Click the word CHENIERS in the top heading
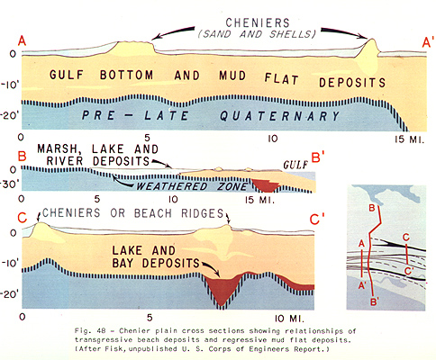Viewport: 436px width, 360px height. [x=258, y=22]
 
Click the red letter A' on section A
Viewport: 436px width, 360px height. [x=427, y=42]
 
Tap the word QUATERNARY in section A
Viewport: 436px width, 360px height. [x=279, y=116]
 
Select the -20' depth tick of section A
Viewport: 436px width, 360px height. [x=11, y=116]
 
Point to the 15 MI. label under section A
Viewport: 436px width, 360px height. [x=410, y=139]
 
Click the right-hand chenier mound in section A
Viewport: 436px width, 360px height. [x=369, y=57]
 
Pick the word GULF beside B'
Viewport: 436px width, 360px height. [x=296, y=165]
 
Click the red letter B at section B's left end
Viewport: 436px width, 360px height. [x=23, y=157]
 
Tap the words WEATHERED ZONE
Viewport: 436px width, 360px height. [x=192, y=186]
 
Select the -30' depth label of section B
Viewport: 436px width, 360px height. [x=10, y=184]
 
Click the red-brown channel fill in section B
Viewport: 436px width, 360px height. [x=266, y=185]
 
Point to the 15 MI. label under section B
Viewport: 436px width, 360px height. [x=259, y=200]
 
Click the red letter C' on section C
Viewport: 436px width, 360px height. [x=318, y=220]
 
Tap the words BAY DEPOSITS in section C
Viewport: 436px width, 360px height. [x=156, y=263]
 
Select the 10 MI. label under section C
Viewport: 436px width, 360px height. [x=289, y=319]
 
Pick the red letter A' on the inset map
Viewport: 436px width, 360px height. [x=362, y=285]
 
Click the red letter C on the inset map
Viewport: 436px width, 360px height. [x=406, y=238]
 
